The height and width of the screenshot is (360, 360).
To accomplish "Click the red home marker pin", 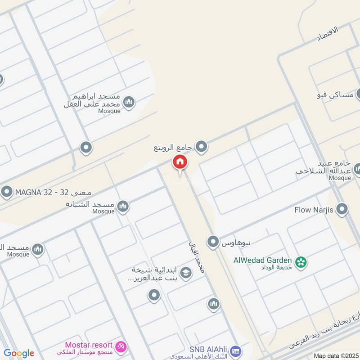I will pyautogui.click(x=180, y=163).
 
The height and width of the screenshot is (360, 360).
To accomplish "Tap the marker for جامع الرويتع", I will pyautogui.click(x=202, y=146).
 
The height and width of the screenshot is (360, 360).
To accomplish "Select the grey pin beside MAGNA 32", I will pyautogui.click(x=7, y=193).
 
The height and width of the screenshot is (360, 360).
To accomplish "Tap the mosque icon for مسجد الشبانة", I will pyautogui.click(x=122, y=207).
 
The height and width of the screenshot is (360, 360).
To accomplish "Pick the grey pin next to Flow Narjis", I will pyautogui.click(x=342, y=209).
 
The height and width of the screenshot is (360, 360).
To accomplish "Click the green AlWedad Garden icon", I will pyautogui.click(x=300, y=261).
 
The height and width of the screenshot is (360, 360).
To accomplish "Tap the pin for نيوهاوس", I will pyautogui.click(x=213, y=243).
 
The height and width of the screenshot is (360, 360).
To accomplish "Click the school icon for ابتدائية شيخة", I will pyautogui.click(x=185, y=273).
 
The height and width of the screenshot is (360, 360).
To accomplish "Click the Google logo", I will pyautogui.click(x=19, y=353).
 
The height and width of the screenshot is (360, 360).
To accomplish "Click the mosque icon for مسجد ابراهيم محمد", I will pyautogui.click(x=129, y=103).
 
